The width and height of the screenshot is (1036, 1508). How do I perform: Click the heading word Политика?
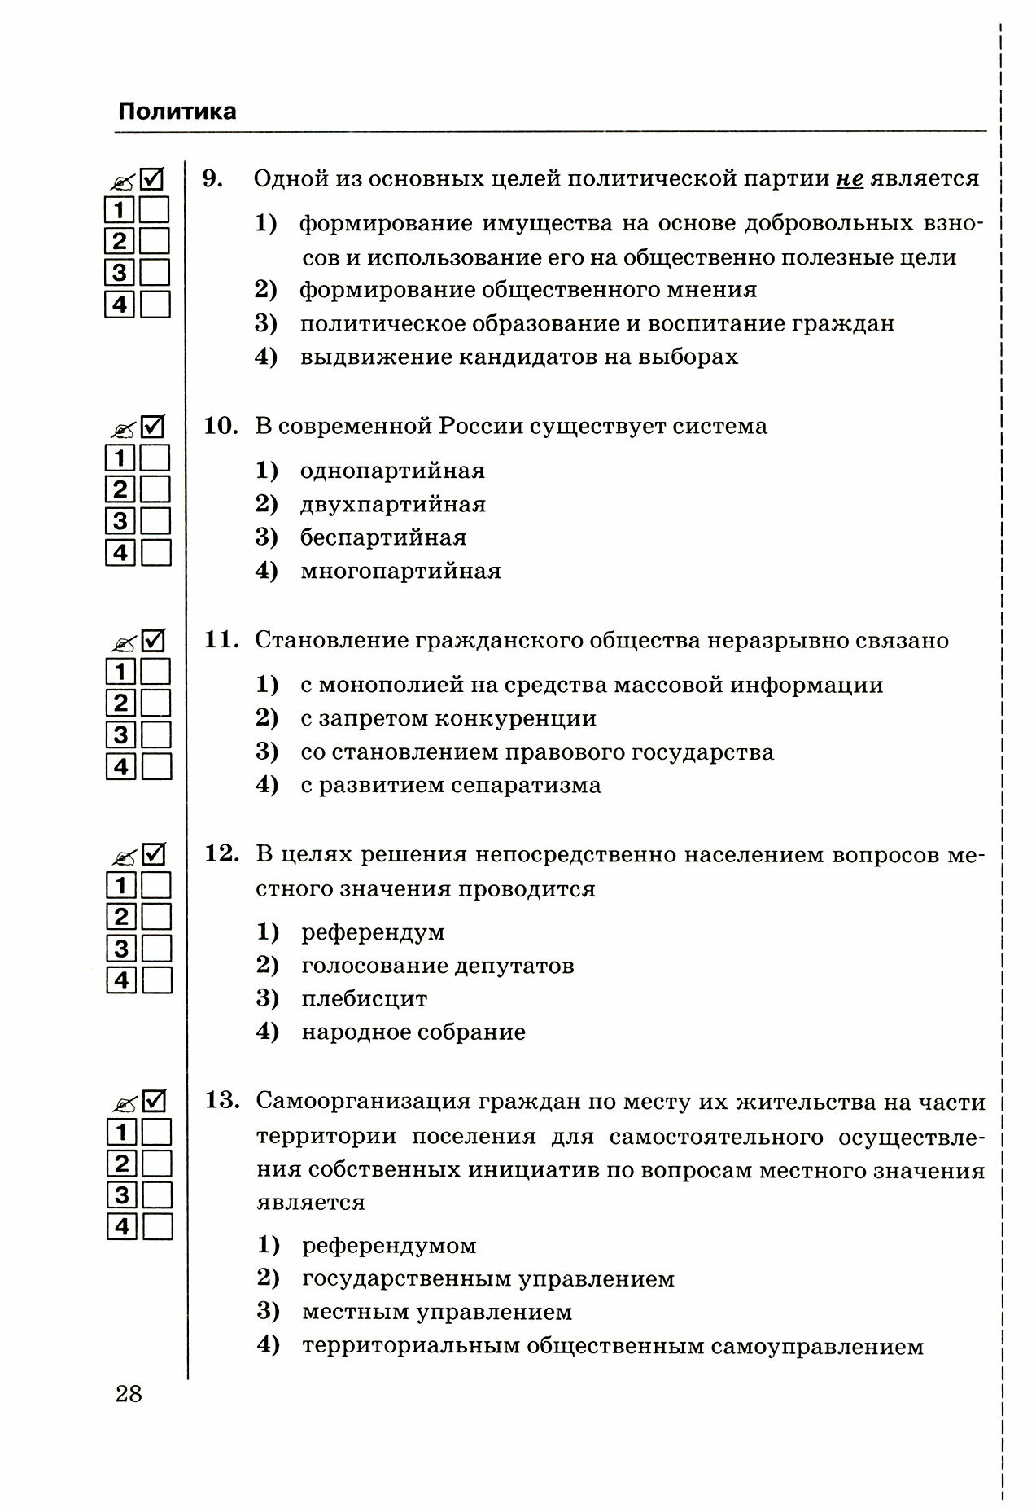(x=177, y=112)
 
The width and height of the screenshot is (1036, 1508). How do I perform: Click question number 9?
(x=212, y=178)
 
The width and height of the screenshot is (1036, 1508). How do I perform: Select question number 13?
(x=221, y=1102)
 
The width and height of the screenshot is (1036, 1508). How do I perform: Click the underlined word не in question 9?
(x=849, y=178)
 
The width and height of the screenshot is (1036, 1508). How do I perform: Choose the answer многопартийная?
(x=400, y=572)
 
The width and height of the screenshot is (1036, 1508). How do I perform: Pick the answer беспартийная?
(x=383, y=538)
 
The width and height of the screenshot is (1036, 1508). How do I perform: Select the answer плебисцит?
(x=364, y=999)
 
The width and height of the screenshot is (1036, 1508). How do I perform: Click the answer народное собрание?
(x=413, y=1032)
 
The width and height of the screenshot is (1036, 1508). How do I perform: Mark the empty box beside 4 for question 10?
(x=156, y=554)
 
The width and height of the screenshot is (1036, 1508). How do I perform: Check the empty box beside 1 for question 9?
(x=155, y=210)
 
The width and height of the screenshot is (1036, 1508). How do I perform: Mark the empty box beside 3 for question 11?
(x=156, y=735)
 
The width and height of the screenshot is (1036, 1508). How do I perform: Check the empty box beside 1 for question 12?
(x=156, y=885)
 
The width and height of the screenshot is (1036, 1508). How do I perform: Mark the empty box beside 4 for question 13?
(x=157, y=1227)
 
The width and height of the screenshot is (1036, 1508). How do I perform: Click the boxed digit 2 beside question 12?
(x=121, y=917)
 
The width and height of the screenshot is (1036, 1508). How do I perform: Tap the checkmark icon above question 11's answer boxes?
(x=154, y=641)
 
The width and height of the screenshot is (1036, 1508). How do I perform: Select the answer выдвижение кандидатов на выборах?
(x=519, y=357)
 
